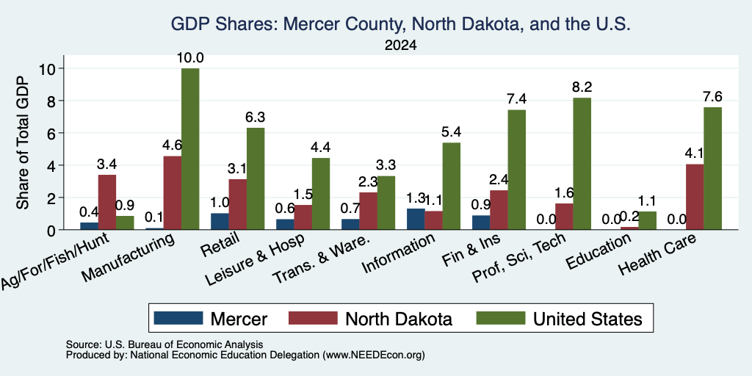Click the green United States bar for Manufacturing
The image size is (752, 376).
(190, 148)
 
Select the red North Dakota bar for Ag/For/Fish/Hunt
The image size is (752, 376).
(107, 202)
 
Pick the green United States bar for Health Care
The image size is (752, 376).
(712, 168)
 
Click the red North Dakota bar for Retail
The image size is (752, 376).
(237, 204)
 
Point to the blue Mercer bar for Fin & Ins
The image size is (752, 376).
(481, 223)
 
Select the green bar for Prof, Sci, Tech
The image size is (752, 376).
(582, 164)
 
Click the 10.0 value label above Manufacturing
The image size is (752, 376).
(190, 58)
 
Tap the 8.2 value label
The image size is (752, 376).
(582, 87)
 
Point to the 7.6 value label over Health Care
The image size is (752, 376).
(712, 97)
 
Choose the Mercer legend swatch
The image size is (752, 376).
(178, 318)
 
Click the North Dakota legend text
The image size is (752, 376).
(399, 319)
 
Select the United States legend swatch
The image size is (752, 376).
(501, 318)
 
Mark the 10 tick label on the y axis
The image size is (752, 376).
(49, 68)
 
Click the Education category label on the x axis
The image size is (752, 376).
(598, 253)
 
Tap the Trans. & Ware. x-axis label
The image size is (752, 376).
(321, 259)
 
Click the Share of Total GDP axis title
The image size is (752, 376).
(23, 142)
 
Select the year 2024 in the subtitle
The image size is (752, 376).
(400, 46)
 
